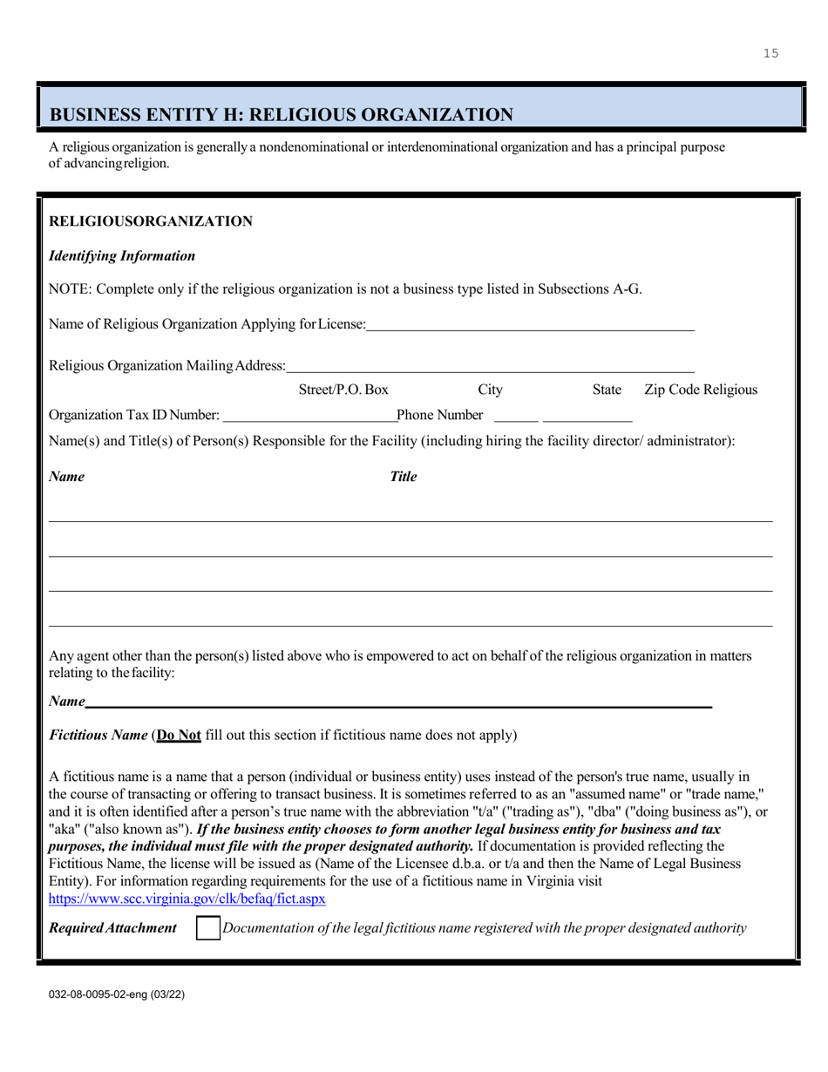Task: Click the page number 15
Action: point(770,54)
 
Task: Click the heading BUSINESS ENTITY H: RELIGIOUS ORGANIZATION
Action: point(282,114)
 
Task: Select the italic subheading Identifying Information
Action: point(122,256)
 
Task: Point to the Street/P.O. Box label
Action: point(343,390)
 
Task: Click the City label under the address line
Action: point(491,390)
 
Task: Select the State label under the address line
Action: point(607,390)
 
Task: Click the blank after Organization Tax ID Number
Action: point(309,414)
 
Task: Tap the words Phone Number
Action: point(439,414)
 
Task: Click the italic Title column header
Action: point(403,477)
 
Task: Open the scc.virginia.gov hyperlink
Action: point(187,898)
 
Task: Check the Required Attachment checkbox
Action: point(207,928)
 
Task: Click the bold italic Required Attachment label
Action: point(112,928)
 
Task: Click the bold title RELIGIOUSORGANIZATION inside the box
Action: point(151,221)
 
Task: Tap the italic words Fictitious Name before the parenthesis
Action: point(98,735)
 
